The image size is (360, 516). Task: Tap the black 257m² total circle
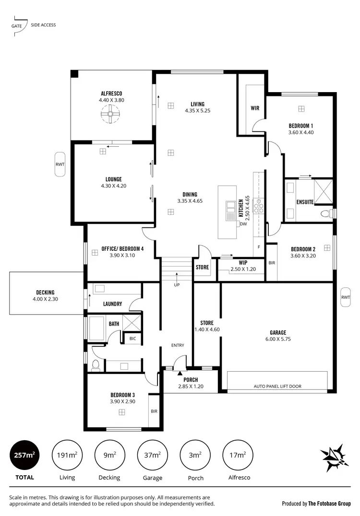point(24,455)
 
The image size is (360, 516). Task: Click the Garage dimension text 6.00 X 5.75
point(278,339)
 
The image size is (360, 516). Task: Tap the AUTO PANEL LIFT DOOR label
point(278,386)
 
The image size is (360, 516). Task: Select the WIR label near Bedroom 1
point(255,108)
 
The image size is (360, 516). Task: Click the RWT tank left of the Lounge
point(60,164)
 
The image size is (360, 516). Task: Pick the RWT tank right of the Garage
point(346,297)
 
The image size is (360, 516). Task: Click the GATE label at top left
point(16,25)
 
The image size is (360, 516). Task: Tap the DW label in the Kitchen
point(243,224)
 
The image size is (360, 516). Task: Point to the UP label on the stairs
point(177,285)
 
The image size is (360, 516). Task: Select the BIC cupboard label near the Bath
point(132,339)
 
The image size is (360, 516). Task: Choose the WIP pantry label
point(243,263)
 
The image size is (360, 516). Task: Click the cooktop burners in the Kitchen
point(259,206)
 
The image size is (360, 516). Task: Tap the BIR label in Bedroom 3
point(154,411)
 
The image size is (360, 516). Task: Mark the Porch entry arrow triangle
point(180,372)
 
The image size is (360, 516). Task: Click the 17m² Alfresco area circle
point(238,455)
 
